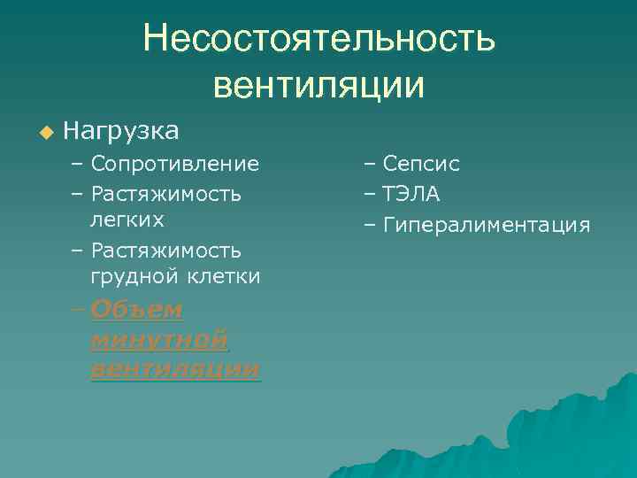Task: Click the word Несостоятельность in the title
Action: pyautogui.click(x=319, y=39)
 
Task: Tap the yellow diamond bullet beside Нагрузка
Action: pyautogui.click(x=46, y=133)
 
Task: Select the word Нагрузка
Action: pyautogui.click(x=121, y=132)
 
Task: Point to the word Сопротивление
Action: pyautogui.click(x=175, y=164)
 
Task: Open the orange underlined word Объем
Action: pyautogui.click(x=136, y=310)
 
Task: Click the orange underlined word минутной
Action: pyautogui.click(x=159, y=339)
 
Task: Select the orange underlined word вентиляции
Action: pyautogui.click(x=175, y=368)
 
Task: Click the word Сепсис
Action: pyautogui.click(x=421, y=164)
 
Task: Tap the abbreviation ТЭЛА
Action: pyautogui.click(x=411, y=194)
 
